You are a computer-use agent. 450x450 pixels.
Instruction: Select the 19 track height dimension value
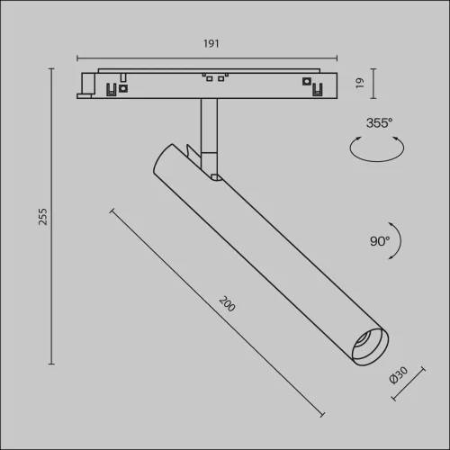358,84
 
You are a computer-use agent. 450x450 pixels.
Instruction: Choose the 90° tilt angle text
379,240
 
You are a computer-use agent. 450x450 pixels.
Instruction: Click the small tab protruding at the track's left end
87,85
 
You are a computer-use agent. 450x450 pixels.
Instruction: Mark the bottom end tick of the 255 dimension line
51,364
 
